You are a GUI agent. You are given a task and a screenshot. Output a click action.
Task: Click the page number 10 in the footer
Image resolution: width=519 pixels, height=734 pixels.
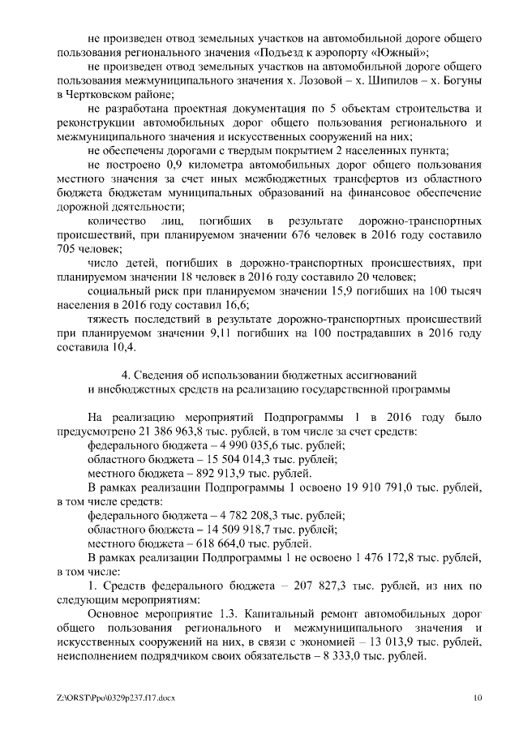point(478,698)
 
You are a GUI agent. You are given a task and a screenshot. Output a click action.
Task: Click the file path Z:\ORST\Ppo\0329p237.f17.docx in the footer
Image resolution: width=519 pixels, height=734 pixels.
point(116,698)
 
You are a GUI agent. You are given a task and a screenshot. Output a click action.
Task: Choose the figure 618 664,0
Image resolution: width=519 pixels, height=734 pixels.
point(213,543)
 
